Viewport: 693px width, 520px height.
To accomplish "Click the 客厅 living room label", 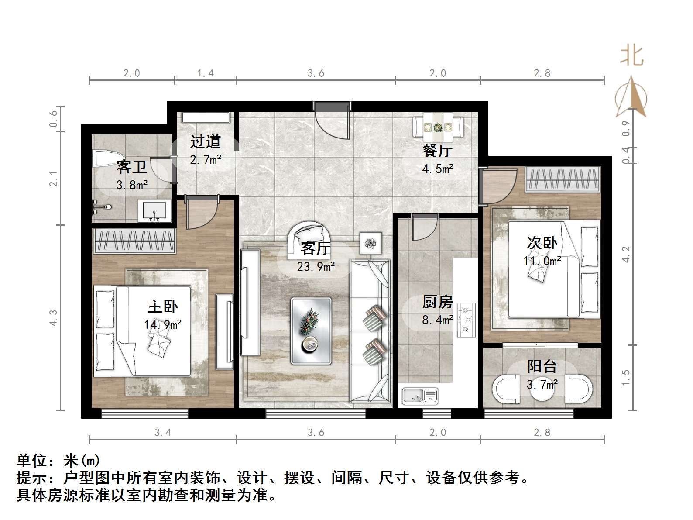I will (x=316, y=248).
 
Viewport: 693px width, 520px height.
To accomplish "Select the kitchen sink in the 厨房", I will (x=420, y=396).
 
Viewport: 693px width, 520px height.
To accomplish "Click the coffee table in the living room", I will (x=311, y=331).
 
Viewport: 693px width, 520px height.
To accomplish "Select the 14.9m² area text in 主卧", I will (x=163, y=324).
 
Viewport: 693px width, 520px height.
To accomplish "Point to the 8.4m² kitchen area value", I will (x=438, y=320).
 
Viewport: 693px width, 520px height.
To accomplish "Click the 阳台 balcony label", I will (x=542, y=366).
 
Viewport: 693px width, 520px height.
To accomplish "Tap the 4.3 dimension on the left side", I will (x=53, y=317).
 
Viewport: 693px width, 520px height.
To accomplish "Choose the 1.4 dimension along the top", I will (x=206, y=73).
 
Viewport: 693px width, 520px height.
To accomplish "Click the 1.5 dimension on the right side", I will (x=626, y=378).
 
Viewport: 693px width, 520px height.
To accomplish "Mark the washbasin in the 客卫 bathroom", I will (x=154, y=210).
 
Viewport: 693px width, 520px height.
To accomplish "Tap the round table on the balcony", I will (x=542, y=389).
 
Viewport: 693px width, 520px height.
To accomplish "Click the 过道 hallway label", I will (x=206, y=141).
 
